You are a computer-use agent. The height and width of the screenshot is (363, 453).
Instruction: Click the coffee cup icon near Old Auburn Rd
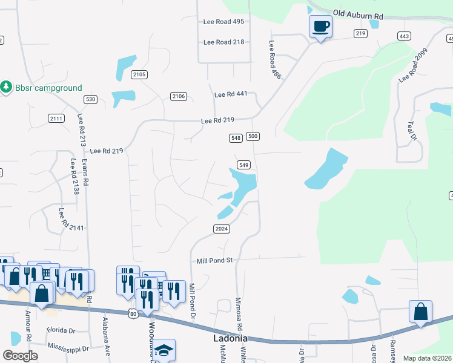click(320, 27)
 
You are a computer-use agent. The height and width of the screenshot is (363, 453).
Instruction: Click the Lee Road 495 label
click(223, 22)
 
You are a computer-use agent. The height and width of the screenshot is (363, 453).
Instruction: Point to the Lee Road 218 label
click(223, 42)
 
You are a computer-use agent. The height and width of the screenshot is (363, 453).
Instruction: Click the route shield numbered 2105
click(139, 74)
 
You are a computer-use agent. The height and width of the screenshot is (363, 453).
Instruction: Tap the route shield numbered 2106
click(179, 96)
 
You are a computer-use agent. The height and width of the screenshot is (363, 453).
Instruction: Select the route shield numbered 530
click(91, 99)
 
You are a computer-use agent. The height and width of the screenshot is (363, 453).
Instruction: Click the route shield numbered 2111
click(56, 118)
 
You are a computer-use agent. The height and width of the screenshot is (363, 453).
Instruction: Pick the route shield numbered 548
click(236, 138)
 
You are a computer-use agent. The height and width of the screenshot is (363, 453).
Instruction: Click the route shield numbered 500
click(253, 137)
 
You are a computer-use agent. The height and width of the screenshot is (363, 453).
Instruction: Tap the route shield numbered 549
click(244, 165)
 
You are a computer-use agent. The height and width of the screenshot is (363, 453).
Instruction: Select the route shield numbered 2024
click(222, 228)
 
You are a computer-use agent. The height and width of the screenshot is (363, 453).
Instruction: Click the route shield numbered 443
click(404, 36)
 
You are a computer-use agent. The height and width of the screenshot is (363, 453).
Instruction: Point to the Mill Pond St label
click(214, 261)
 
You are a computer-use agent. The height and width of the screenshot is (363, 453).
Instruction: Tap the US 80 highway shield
click(133, 313)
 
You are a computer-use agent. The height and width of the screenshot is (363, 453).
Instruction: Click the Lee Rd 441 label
click(231, 95)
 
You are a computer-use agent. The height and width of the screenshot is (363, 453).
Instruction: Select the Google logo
click(20, 356)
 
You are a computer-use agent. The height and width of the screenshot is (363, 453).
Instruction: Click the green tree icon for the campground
click(7, 88)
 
